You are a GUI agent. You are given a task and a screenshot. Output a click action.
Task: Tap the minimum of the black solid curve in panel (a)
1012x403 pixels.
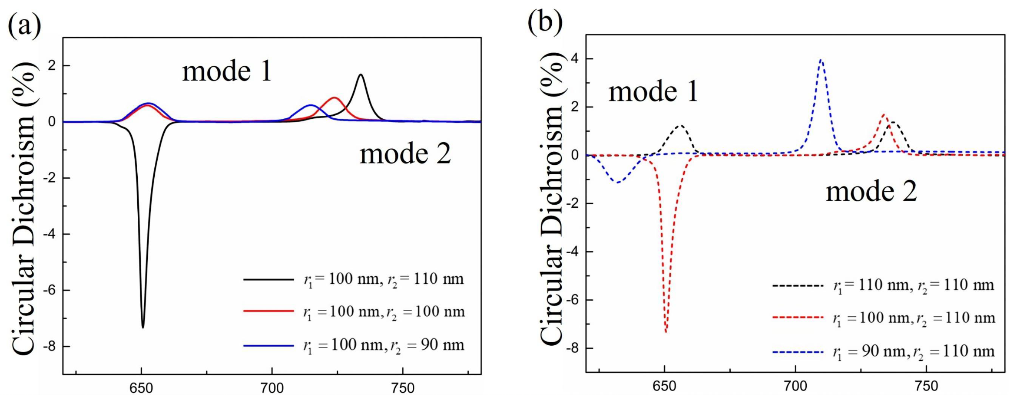pyautogui.click(x=143, y=327)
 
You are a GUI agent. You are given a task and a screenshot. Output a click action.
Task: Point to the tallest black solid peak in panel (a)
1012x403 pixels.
pyautogui.click(x=361, y=75)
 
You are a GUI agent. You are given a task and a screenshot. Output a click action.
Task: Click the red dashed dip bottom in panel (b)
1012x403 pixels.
pyautogui.click(x=665, y=332)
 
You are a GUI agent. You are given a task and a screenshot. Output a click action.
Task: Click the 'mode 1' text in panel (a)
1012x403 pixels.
pyautogui.click(x=227, y=72)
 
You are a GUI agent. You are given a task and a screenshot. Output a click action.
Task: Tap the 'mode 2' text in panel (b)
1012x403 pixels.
pyautogui.click(x=871, y=192)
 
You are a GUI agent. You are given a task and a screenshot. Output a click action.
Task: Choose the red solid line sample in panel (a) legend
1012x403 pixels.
pyautogui.click(x=268, y=311)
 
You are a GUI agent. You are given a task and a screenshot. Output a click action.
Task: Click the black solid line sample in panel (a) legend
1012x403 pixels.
pyautogui.click(x=268, y=280)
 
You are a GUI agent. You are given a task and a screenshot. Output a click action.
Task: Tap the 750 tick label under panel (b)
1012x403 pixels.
pyautogui.click(x=926, y=387)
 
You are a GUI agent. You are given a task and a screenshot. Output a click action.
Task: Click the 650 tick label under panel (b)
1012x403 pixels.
pyautogui.click(x=664, y=387)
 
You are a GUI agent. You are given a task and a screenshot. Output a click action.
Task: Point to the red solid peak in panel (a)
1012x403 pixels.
pyautogui.click(x=334, y=98)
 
